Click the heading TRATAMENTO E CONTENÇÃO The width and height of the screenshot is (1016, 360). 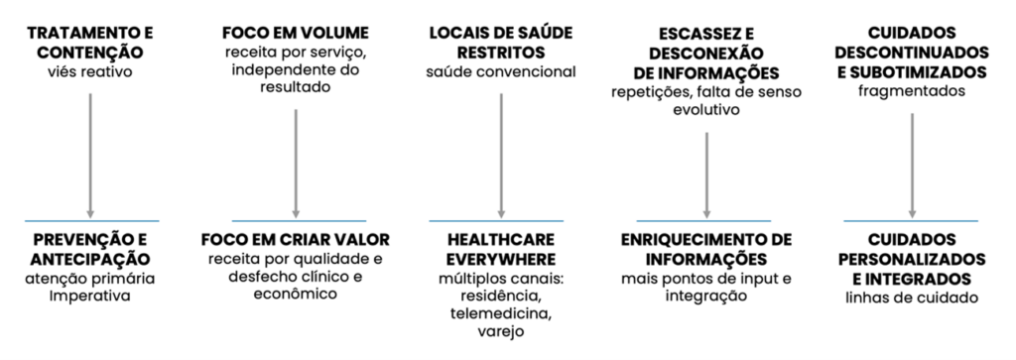coord(90,42)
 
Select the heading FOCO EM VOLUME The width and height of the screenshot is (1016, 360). coord(295,33)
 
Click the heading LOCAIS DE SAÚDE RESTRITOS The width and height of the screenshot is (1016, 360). coord(501,42)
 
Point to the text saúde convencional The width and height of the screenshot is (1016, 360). coord(501,70)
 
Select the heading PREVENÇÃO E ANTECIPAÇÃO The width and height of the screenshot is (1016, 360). coord(90,249)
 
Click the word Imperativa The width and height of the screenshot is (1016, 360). coord(90,296)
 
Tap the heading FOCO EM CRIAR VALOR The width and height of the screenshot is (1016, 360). coord(295,240)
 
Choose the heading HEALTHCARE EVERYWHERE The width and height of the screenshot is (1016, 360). coord(501,249)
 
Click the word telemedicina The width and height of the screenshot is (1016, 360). coord(501,313)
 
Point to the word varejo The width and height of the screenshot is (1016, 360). coord(501,332)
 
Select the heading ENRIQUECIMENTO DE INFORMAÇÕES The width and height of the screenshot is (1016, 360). coord(705,249)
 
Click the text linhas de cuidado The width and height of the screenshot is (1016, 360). coord(911,296)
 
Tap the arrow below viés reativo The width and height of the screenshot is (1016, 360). coord(90,149)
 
